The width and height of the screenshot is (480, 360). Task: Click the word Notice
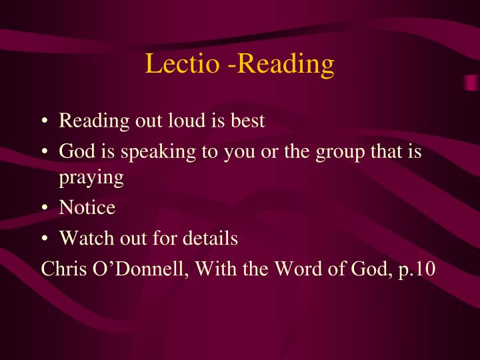(87, 208)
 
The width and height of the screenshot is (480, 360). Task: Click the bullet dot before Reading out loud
(44, 122)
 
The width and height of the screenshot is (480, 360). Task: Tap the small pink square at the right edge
(471, 83)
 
